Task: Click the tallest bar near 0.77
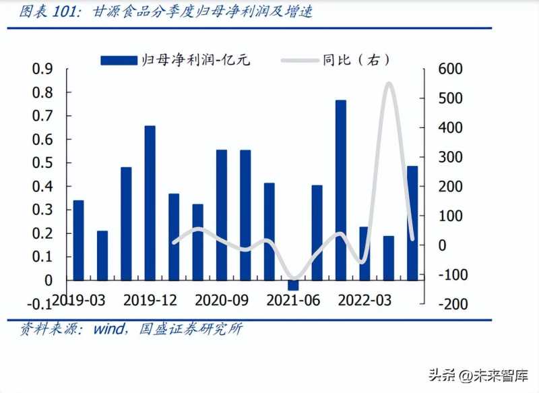click(x=341, y=189)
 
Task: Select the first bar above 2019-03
click(x=78, y=240)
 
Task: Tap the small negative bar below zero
click(x=293, y=284)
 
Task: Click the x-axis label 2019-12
click(x=150, y=299)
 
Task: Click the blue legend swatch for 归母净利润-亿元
click(x=119, y=61)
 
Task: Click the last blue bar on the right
click(x=412, y=222)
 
